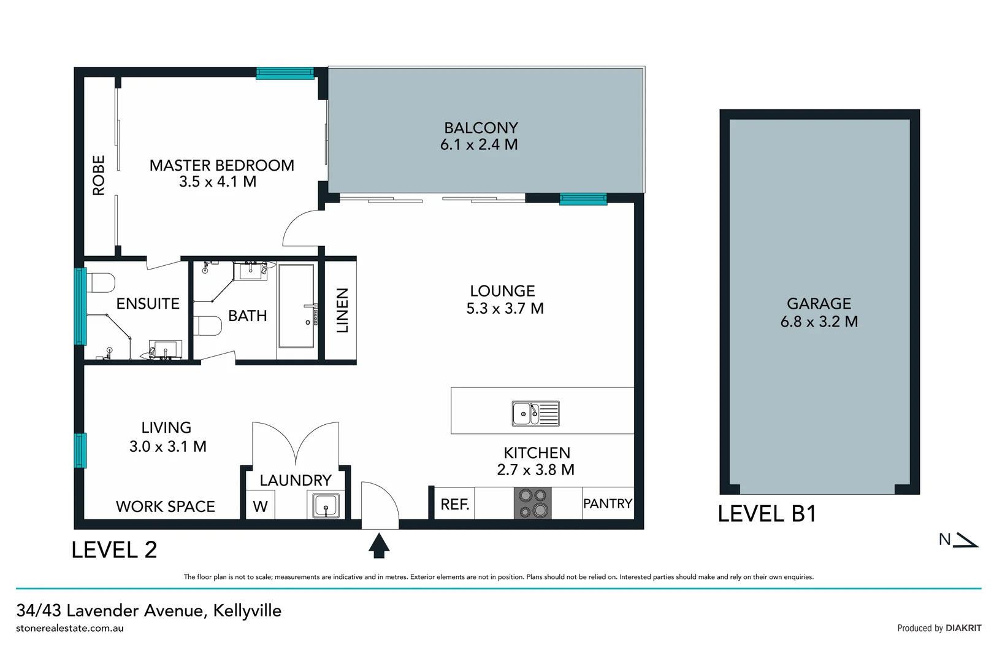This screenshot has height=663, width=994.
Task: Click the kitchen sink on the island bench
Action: [535, 414]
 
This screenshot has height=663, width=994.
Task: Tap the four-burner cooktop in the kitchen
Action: [532, 503]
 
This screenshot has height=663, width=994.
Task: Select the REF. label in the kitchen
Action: [455, 505]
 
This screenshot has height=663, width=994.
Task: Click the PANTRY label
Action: [607, 504]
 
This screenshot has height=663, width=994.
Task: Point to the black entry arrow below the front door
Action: [379, 545]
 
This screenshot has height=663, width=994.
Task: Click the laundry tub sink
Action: [326, 506]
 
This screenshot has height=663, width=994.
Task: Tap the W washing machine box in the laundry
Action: [260, 506]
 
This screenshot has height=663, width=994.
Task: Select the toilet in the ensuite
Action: [102, 283]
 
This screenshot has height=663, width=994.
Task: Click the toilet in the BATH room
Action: [208, 325]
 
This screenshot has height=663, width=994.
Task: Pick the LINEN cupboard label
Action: [342, 311]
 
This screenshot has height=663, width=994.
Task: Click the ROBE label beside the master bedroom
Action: [99, 176]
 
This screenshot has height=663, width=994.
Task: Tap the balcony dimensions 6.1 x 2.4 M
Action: [479, 145]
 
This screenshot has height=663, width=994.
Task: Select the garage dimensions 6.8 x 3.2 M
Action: [819, 322]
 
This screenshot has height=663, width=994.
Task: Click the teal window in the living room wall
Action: [80, 451]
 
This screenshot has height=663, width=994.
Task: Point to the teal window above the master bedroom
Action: [285, 74]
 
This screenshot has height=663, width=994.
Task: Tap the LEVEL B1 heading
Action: [767, 514]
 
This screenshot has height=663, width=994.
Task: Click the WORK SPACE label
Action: [166, 506]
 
